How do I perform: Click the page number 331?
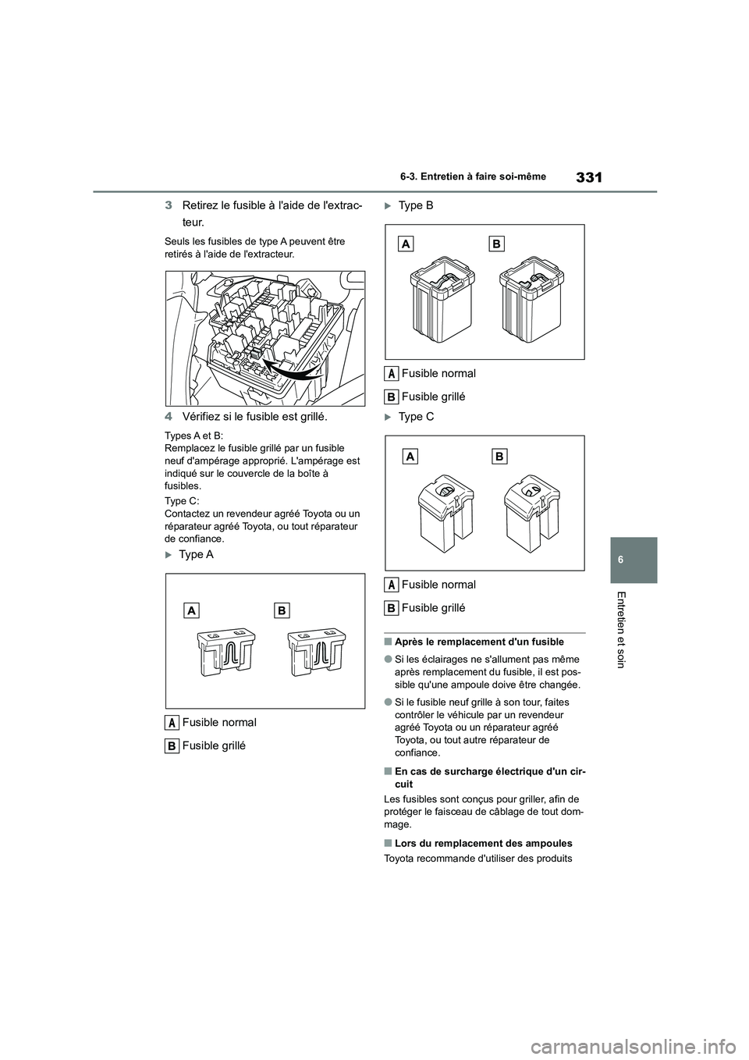coord(590,177)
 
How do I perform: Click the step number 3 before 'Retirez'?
coord(169,205)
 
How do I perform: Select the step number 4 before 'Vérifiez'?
coord(169,417)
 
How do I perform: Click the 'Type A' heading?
coord(195,554)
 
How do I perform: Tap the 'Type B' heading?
coord(415,205)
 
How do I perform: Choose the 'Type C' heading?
coord(415,417)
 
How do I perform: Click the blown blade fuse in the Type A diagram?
coord(316,651)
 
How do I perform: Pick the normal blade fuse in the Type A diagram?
coord(225,651)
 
